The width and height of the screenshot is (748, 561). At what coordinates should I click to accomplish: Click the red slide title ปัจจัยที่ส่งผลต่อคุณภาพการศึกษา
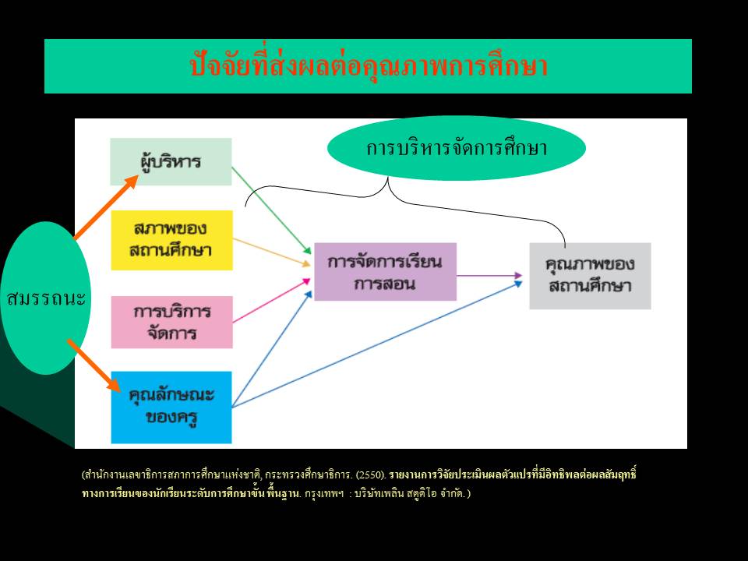pyautogui.click(x=369, y=65)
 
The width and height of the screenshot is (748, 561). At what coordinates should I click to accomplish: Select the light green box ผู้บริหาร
pyautogui.click(x=171, y=162)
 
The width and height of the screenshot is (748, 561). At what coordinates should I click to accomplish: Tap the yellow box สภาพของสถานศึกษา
pyautogui.click(x=171, y=240)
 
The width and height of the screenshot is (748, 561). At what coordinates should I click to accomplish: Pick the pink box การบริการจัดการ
pyautogui.click(x=171, y=322)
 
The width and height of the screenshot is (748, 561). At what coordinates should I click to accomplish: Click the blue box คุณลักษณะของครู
pyautogui.click(x=171, y=408)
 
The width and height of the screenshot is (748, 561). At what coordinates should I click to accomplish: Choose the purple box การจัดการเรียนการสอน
pyautogui.click(x=385, y=271)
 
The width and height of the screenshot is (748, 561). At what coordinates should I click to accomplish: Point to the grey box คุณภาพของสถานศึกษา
pyautogui.click(x=590, y=276)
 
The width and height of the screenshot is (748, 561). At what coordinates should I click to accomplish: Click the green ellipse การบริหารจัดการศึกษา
pyautogui.click(x=457, y=148)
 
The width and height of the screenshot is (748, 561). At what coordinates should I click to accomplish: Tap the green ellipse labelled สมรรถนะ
pyautogui.click(x=46, y=298)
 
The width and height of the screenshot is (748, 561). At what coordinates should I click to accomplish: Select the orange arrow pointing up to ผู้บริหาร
pyautogui.click(x=106, y=206)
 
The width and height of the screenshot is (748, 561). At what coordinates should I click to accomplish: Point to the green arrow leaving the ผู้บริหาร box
pyautogui.click(x=271, y=210)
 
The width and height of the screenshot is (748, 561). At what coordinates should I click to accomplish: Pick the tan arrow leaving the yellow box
pyautogui.click(x=271, y=252)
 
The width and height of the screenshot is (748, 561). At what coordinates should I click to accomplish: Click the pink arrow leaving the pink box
pyautogui.click(x=271, y=301)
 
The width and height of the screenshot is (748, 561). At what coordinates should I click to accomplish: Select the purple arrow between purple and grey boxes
pyautogui.click(x=489, y=275)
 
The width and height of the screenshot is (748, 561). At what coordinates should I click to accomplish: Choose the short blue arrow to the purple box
pyautogui.click(x=271, y=349)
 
